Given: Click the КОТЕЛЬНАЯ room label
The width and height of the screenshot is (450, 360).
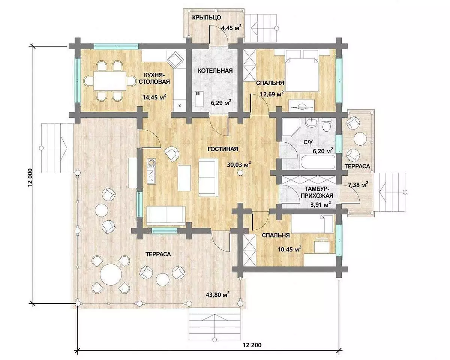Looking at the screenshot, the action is point(215,71).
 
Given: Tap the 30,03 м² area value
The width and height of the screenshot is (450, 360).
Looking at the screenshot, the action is point(239,164).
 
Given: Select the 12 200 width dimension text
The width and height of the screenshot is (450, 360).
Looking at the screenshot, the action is point(252,345).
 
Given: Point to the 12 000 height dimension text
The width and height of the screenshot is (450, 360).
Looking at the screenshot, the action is point(30,177).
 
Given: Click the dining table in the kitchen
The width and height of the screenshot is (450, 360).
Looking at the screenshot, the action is point(110,81).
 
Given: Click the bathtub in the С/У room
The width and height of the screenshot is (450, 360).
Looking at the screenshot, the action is point(317,162).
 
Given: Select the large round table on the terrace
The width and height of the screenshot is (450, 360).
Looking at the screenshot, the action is point(111,274).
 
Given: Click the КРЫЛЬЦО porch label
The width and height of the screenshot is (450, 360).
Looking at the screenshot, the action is point(207,17).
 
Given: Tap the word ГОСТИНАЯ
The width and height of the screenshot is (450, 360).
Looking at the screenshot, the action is point(223,149).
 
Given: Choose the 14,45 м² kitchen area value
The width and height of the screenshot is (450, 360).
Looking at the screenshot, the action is point(154,97).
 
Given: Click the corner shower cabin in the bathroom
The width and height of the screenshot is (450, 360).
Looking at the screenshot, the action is point(291,128).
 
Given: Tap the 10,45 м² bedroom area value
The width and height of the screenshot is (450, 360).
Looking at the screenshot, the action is point(289,249).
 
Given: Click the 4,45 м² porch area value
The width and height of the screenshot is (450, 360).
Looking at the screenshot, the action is point(231,27).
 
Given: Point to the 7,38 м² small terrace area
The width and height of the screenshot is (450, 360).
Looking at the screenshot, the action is point(358,185).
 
